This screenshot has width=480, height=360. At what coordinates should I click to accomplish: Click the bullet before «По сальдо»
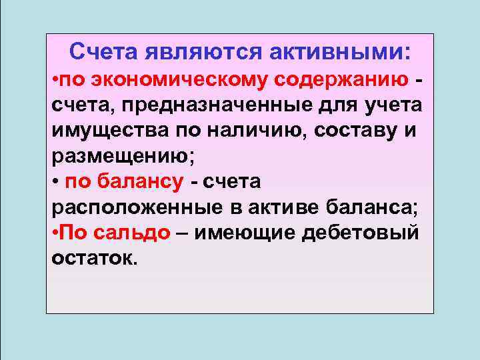point(54,233)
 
